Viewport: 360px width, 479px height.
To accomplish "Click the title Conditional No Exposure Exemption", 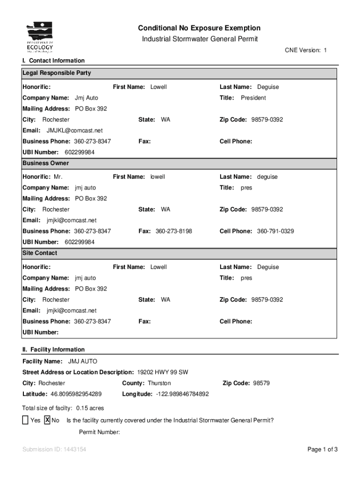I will pos(199,28).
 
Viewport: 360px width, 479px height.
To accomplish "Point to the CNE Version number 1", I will pos(325,50).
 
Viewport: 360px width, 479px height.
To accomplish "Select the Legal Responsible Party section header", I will pos(57,73).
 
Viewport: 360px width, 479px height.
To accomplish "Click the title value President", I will pos(253,98).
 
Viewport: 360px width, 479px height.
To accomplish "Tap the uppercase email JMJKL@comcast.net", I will pos(74,131).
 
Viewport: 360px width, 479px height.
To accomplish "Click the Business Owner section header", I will pos(46,163).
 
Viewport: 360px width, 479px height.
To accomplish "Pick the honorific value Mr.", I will pos(58,177).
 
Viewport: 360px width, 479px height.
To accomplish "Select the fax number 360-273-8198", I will pos(173,231).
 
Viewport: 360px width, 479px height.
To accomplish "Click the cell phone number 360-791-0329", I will pos(275,231).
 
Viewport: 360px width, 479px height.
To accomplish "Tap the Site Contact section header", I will pos(40,253).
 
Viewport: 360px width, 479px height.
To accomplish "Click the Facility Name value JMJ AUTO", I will pos(83,362).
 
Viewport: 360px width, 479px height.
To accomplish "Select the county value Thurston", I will pos(159,383).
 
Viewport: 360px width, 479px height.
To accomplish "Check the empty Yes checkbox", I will pos(25,420).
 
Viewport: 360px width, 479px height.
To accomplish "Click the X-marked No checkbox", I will pos(47,420).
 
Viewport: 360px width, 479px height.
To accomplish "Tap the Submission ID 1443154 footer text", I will pos(54,450).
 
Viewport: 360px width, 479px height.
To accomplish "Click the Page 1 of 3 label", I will pos(322,450).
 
